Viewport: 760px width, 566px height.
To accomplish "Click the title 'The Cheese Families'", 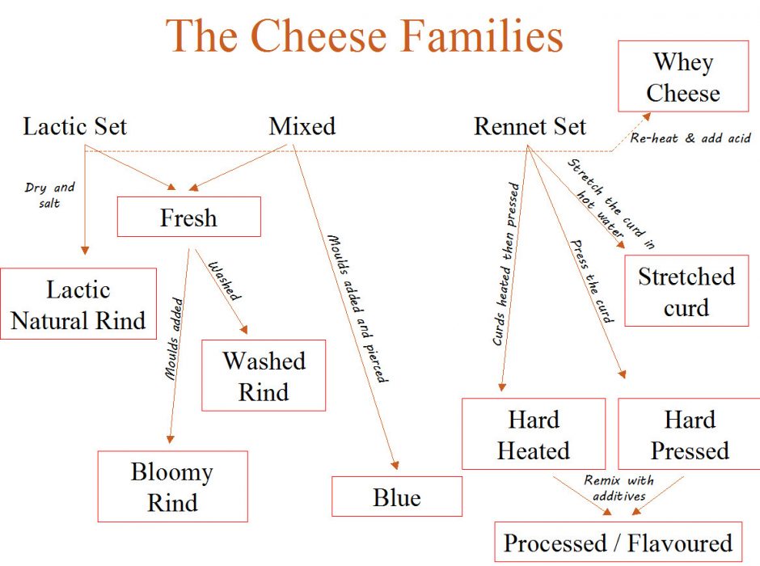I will coord(365,36).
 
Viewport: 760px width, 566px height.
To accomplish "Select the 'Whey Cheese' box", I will coord(683,77).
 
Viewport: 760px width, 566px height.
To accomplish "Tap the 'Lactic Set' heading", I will coord(75,127).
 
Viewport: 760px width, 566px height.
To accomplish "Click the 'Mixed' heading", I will coord(302,127).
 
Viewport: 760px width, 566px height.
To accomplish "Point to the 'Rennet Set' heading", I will coord(530,127).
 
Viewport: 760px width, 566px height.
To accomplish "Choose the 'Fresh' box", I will coord(189,218).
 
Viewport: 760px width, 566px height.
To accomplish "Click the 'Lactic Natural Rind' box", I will coord(78,304).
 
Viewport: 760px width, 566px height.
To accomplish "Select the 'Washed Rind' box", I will coord(264,376).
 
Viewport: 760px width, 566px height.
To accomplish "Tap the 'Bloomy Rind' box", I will coord(172,487).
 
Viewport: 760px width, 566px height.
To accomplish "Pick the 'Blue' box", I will coord(397,496).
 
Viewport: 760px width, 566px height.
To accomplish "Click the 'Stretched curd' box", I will coord(686,291).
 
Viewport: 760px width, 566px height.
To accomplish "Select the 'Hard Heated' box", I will coord(534,434).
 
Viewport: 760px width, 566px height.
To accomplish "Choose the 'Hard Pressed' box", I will coord(690,434).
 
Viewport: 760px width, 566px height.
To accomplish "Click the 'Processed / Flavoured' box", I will coord(618,543).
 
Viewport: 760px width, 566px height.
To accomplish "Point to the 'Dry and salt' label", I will coord(50,193).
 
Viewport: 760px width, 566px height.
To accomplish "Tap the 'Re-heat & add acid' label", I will coord(692,138).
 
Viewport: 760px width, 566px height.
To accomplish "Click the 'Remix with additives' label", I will coord(619,487).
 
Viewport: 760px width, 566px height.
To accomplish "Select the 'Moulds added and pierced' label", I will coord(357,308).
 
